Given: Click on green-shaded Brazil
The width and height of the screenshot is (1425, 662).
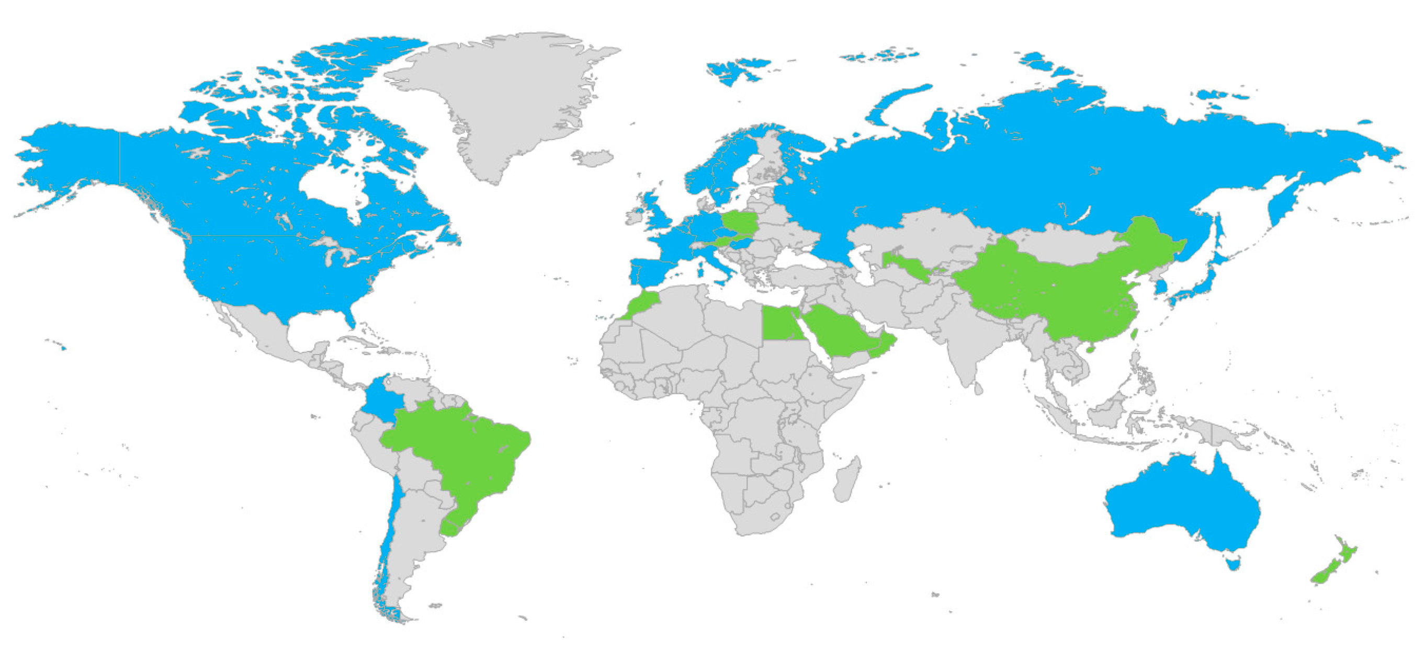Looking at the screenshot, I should point(465,453).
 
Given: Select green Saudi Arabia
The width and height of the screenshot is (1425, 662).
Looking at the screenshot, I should point(835,332).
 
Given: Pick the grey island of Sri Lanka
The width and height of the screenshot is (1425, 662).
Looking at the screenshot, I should point(978,390).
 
